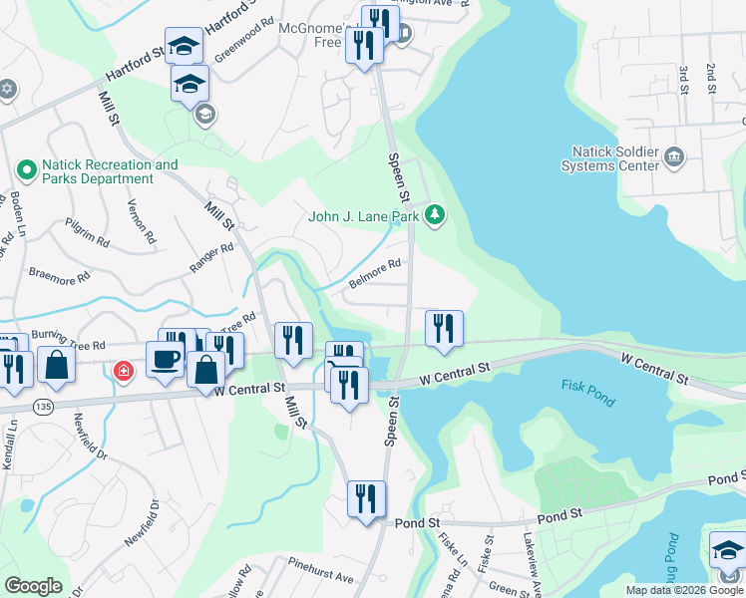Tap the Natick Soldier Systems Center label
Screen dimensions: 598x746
pos(615,158)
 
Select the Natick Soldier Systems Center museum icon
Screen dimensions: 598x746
pos(673,156)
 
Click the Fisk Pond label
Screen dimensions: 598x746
pos(588,393)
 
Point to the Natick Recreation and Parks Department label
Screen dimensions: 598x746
pos(110,171)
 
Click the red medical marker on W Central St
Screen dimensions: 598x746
pos(123,373)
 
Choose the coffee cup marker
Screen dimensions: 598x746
pos(165,359)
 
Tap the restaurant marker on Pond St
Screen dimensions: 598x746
pos(366,498)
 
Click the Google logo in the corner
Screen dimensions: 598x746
pos(33,586)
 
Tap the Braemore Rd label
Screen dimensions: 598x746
pos(59,275)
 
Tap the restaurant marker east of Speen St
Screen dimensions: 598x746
pos(442,329)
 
